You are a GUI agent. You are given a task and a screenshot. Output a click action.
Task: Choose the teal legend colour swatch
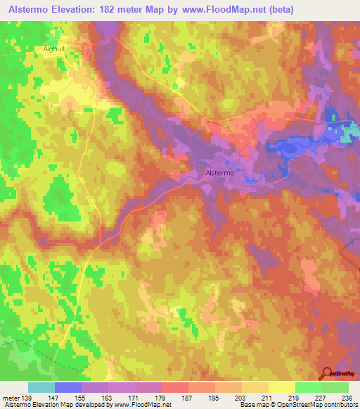tap(41, 387)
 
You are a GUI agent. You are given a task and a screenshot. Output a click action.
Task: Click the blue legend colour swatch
tap(68, 387)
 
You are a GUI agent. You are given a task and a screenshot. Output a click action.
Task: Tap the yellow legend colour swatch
tap(282, 387)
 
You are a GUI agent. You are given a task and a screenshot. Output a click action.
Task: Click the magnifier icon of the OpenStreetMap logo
tap(327, 372)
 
